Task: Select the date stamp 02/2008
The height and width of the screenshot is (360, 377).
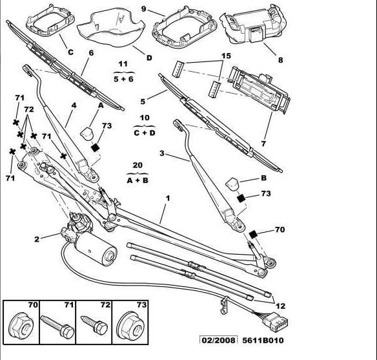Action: click(219, 340)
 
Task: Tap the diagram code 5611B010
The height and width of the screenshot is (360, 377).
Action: click(263, 340)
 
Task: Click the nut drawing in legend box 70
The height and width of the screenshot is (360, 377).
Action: click(21, 326)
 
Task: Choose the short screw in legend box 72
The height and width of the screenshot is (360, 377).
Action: click(94, 325)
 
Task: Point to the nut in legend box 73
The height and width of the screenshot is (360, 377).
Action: click(130, 326)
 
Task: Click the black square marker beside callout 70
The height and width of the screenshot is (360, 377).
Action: click(254, 234)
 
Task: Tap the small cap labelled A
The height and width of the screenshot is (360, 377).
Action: click(87, 133)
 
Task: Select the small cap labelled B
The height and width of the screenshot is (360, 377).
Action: click(232, 184)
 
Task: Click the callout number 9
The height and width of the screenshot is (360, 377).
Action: click(143, 9)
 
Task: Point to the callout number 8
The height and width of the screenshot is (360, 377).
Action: click(280, 60)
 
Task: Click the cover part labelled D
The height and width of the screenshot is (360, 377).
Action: click(111, 27)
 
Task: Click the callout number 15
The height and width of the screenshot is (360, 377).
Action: click(226, 56)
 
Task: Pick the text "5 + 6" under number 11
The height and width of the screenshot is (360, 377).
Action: click(123, 79)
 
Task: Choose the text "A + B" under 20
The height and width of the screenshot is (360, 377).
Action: click(138, 180)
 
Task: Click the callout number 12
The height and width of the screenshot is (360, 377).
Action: click(280, 306)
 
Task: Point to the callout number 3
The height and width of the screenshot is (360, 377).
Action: click(162, 153)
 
